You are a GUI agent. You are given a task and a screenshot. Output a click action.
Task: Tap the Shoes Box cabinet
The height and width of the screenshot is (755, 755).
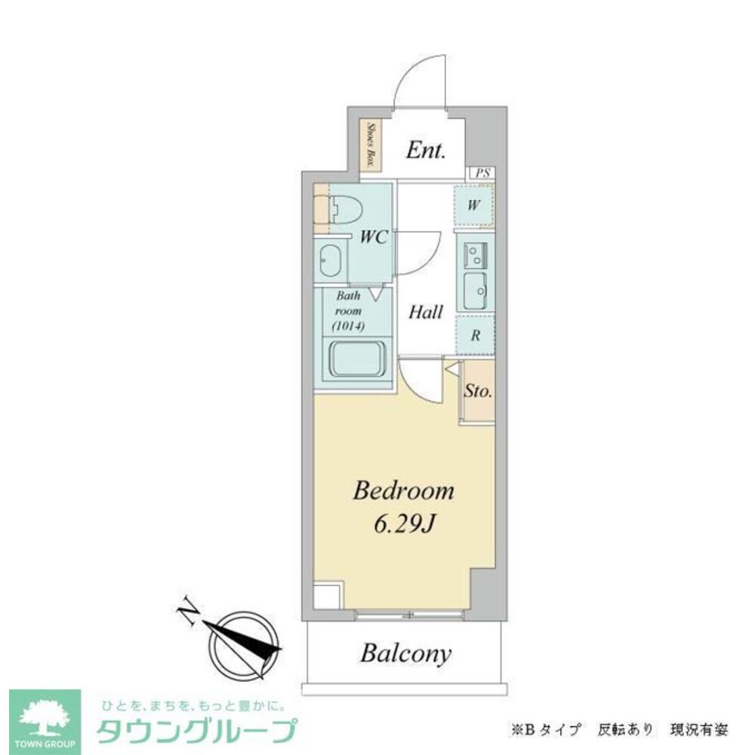(372, 145)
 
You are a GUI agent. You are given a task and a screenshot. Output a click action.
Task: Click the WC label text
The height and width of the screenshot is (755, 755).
(373, 237)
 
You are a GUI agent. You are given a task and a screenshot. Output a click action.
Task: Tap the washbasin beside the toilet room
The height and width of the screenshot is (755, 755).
(330, 261)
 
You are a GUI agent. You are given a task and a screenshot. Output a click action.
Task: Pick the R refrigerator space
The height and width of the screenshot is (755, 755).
(476, 336)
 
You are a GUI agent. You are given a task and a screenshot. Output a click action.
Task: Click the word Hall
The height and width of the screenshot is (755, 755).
(427, 311)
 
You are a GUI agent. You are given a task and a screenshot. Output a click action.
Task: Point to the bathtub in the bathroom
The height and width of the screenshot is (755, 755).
(357, 361)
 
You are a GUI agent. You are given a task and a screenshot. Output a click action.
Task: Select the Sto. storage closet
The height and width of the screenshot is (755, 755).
(478, 392)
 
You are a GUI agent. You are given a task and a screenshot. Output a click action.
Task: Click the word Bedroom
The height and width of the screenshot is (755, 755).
(404, 492)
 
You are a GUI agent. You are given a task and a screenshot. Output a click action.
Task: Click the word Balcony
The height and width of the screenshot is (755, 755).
(405, 653)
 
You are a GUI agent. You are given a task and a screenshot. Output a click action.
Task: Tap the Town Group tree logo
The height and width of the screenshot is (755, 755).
(45, 716)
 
